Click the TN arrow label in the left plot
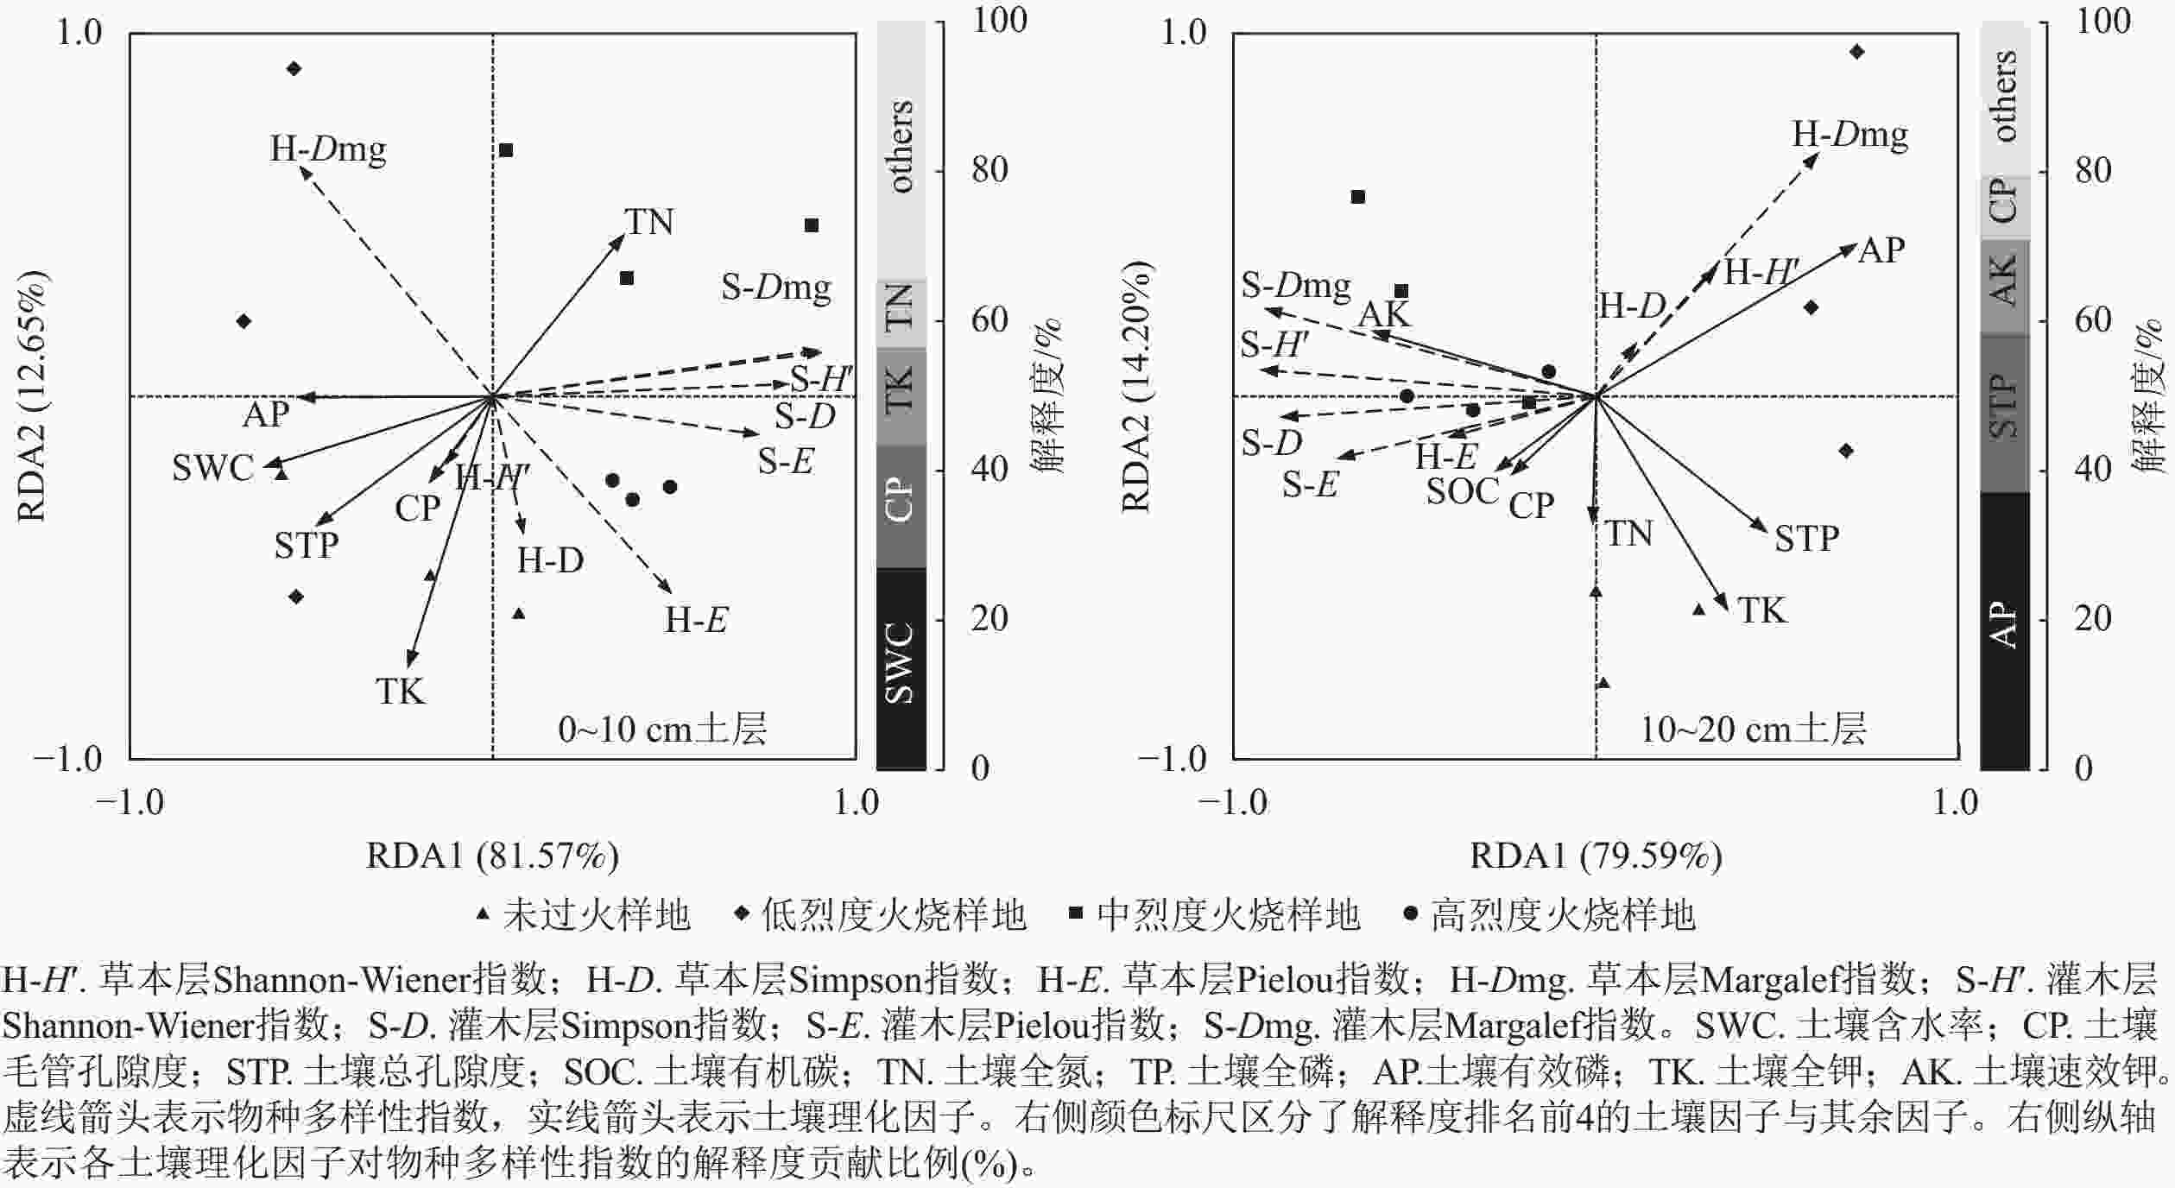tap(649, 223)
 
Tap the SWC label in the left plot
tap(212, 469)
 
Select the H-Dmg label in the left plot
tap(328, 149)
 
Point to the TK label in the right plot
tap(1761, 611)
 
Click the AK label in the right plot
tap(1384, 314)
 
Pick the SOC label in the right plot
tap(1462, 491)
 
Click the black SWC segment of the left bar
tap(901, 667)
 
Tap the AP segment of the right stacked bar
tap(2004, 630)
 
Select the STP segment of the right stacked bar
tap(2004, 413)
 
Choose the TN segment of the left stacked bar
tap(901, 313)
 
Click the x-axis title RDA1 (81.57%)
tap(492, 856)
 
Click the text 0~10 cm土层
tap(662, 730)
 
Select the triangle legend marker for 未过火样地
tap(484, 913)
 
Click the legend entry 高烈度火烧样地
tap(1563, 915)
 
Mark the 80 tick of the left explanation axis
tap(989, 171)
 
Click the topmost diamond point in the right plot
tap(1857, 52)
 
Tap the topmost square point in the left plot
tap(506, 150)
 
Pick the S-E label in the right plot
tap(1309, 485)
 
